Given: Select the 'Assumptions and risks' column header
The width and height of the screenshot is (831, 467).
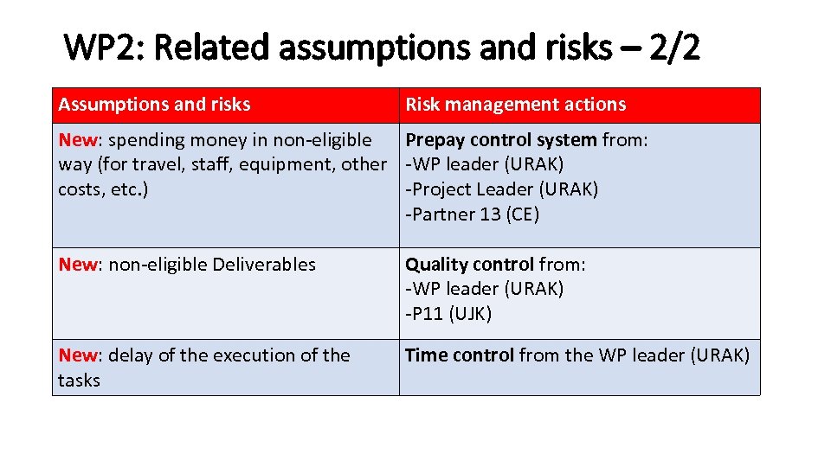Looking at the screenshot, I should (154, 105).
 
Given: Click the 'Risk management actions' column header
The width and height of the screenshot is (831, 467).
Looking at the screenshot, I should (515, 105).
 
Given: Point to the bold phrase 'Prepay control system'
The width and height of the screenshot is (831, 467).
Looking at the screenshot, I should (501, 139).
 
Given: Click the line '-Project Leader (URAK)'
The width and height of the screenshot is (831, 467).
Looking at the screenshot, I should (502, 189).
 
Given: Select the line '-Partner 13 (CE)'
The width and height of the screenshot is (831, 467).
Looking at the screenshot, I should (473, 214).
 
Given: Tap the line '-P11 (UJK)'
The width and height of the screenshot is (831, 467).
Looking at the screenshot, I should (448, 314).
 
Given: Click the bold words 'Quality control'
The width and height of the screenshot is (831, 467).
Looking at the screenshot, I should (470, 265).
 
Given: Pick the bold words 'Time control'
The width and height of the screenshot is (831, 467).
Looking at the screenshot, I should (460, 355).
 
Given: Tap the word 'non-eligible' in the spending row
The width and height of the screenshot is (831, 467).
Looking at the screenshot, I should (322, 139).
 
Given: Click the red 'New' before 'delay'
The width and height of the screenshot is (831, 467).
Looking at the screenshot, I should (77, 355).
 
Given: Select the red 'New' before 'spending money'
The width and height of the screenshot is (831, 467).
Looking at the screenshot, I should (77, 139).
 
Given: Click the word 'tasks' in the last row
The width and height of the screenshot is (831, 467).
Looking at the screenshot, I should (79, 381).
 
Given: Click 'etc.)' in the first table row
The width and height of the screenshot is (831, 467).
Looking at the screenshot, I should (126, 189).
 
